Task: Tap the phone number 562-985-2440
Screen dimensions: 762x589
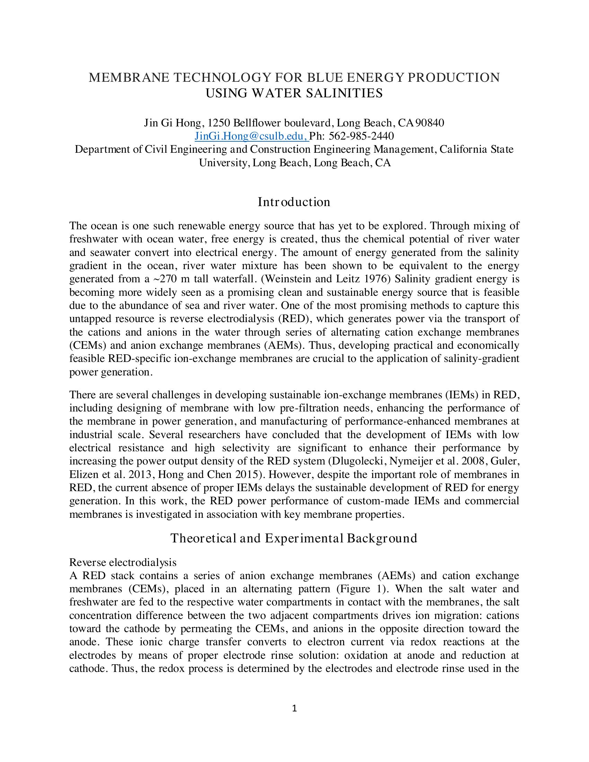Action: point(361,136)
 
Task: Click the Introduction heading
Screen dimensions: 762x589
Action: point(294,202)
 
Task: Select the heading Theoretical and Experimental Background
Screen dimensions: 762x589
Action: point(294,538)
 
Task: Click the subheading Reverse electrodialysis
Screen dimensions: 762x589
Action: point(123,562)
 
